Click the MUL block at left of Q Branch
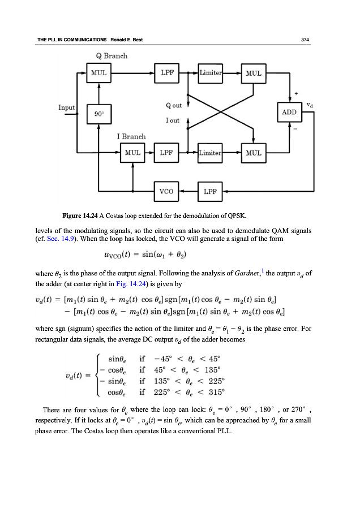point(99,73)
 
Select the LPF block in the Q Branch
point(167,73)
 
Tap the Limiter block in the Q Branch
point(211,73)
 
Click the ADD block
point(289,113)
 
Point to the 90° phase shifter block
point(99,113)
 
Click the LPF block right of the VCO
point(211,191)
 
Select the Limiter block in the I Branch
point(211,153)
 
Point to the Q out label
point(174,105)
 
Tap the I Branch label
point(131,136)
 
